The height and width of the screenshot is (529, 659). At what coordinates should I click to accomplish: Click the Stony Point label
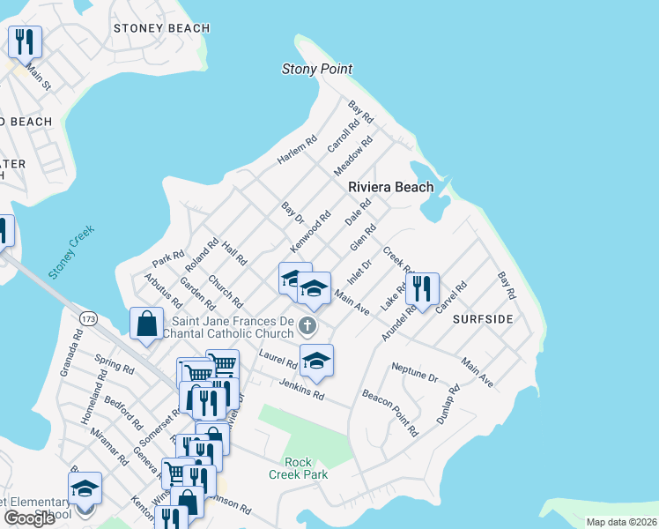316,69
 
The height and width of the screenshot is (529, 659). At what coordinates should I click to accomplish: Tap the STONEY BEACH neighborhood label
162,28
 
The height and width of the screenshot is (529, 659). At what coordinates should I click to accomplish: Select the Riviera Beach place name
390,187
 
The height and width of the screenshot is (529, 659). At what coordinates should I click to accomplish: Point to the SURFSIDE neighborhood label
483,318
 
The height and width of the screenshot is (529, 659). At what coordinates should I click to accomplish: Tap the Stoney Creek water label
71,252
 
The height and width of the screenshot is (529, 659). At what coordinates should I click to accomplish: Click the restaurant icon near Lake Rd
422,288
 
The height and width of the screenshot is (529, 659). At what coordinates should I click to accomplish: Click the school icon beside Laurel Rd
317,360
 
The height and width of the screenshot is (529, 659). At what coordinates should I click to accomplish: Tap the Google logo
29,518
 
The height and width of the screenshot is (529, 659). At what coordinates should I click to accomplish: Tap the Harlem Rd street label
296,150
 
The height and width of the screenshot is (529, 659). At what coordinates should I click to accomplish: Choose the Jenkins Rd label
301,390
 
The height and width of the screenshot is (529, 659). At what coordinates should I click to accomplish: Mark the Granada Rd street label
71,354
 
